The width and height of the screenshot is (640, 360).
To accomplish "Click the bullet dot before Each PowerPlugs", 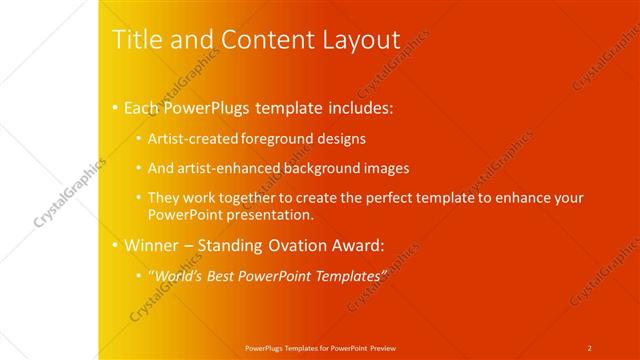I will (115, 106).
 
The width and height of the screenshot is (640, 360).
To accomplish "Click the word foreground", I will (276, 139).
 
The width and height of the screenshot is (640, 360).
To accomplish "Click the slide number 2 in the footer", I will (590, 348).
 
